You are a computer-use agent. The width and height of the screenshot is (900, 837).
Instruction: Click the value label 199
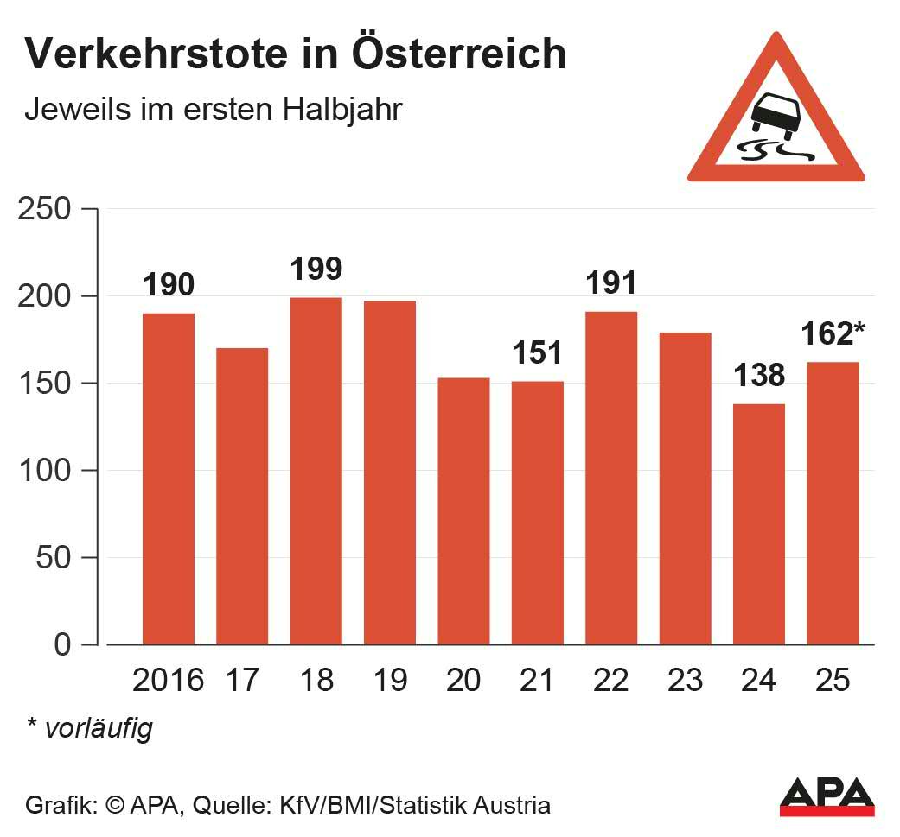[316, 269]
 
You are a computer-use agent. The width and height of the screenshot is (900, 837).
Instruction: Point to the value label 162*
[833, 333]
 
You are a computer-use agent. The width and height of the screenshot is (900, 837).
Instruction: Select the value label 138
[758, 376]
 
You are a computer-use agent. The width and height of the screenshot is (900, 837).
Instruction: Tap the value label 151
[537, 352]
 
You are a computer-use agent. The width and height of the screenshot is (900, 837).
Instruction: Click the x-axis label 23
[685, 681]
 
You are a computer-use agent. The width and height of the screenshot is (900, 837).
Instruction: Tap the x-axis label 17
[241, 681]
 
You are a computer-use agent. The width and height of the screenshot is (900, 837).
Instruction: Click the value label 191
[611, 282]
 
